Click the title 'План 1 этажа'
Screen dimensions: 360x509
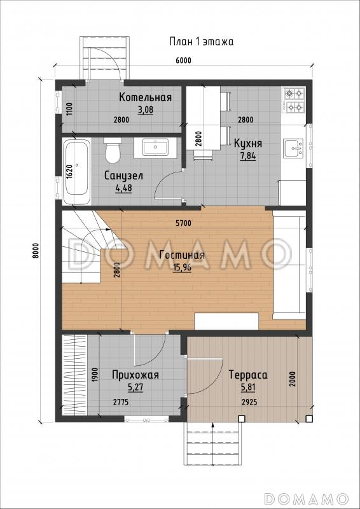click(201, 42)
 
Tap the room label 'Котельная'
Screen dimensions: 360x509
click(145, 97)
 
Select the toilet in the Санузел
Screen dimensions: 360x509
click(113, 150)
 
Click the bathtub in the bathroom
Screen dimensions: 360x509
click(76, 172)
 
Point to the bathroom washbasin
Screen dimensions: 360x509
click(155, 148)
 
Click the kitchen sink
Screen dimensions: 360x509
click(293, 148)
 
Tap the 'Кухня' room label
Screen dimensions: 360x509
click(248, 143)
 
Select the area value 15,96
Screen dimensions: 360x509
click(182, 268)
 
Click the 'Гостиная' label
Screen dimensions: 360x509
click(182, 255)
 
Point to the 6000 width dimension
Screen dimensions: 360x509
click(184, 60)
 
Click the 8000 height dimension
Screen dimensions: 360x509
click(36, 250)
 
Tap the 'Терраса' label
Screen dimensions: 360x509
click(248, 375)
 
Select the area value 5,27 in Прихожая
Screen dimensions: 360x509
click(135, 387)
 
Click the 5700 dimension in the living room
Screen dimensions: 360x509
click(184, 223)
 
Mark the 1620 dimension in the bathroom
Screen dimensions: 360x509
click(69, 170)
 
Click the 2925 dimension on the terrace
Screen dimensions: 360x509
click(249, 402)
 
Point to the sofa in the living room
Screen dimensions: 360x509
click(289, 265)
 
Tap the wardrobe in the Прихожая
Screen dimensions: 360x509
click(74, 375)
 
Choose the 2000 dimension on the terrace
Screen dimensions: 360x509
click(293, 378)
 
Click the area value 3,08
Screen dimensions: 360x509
click(145, 110)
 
